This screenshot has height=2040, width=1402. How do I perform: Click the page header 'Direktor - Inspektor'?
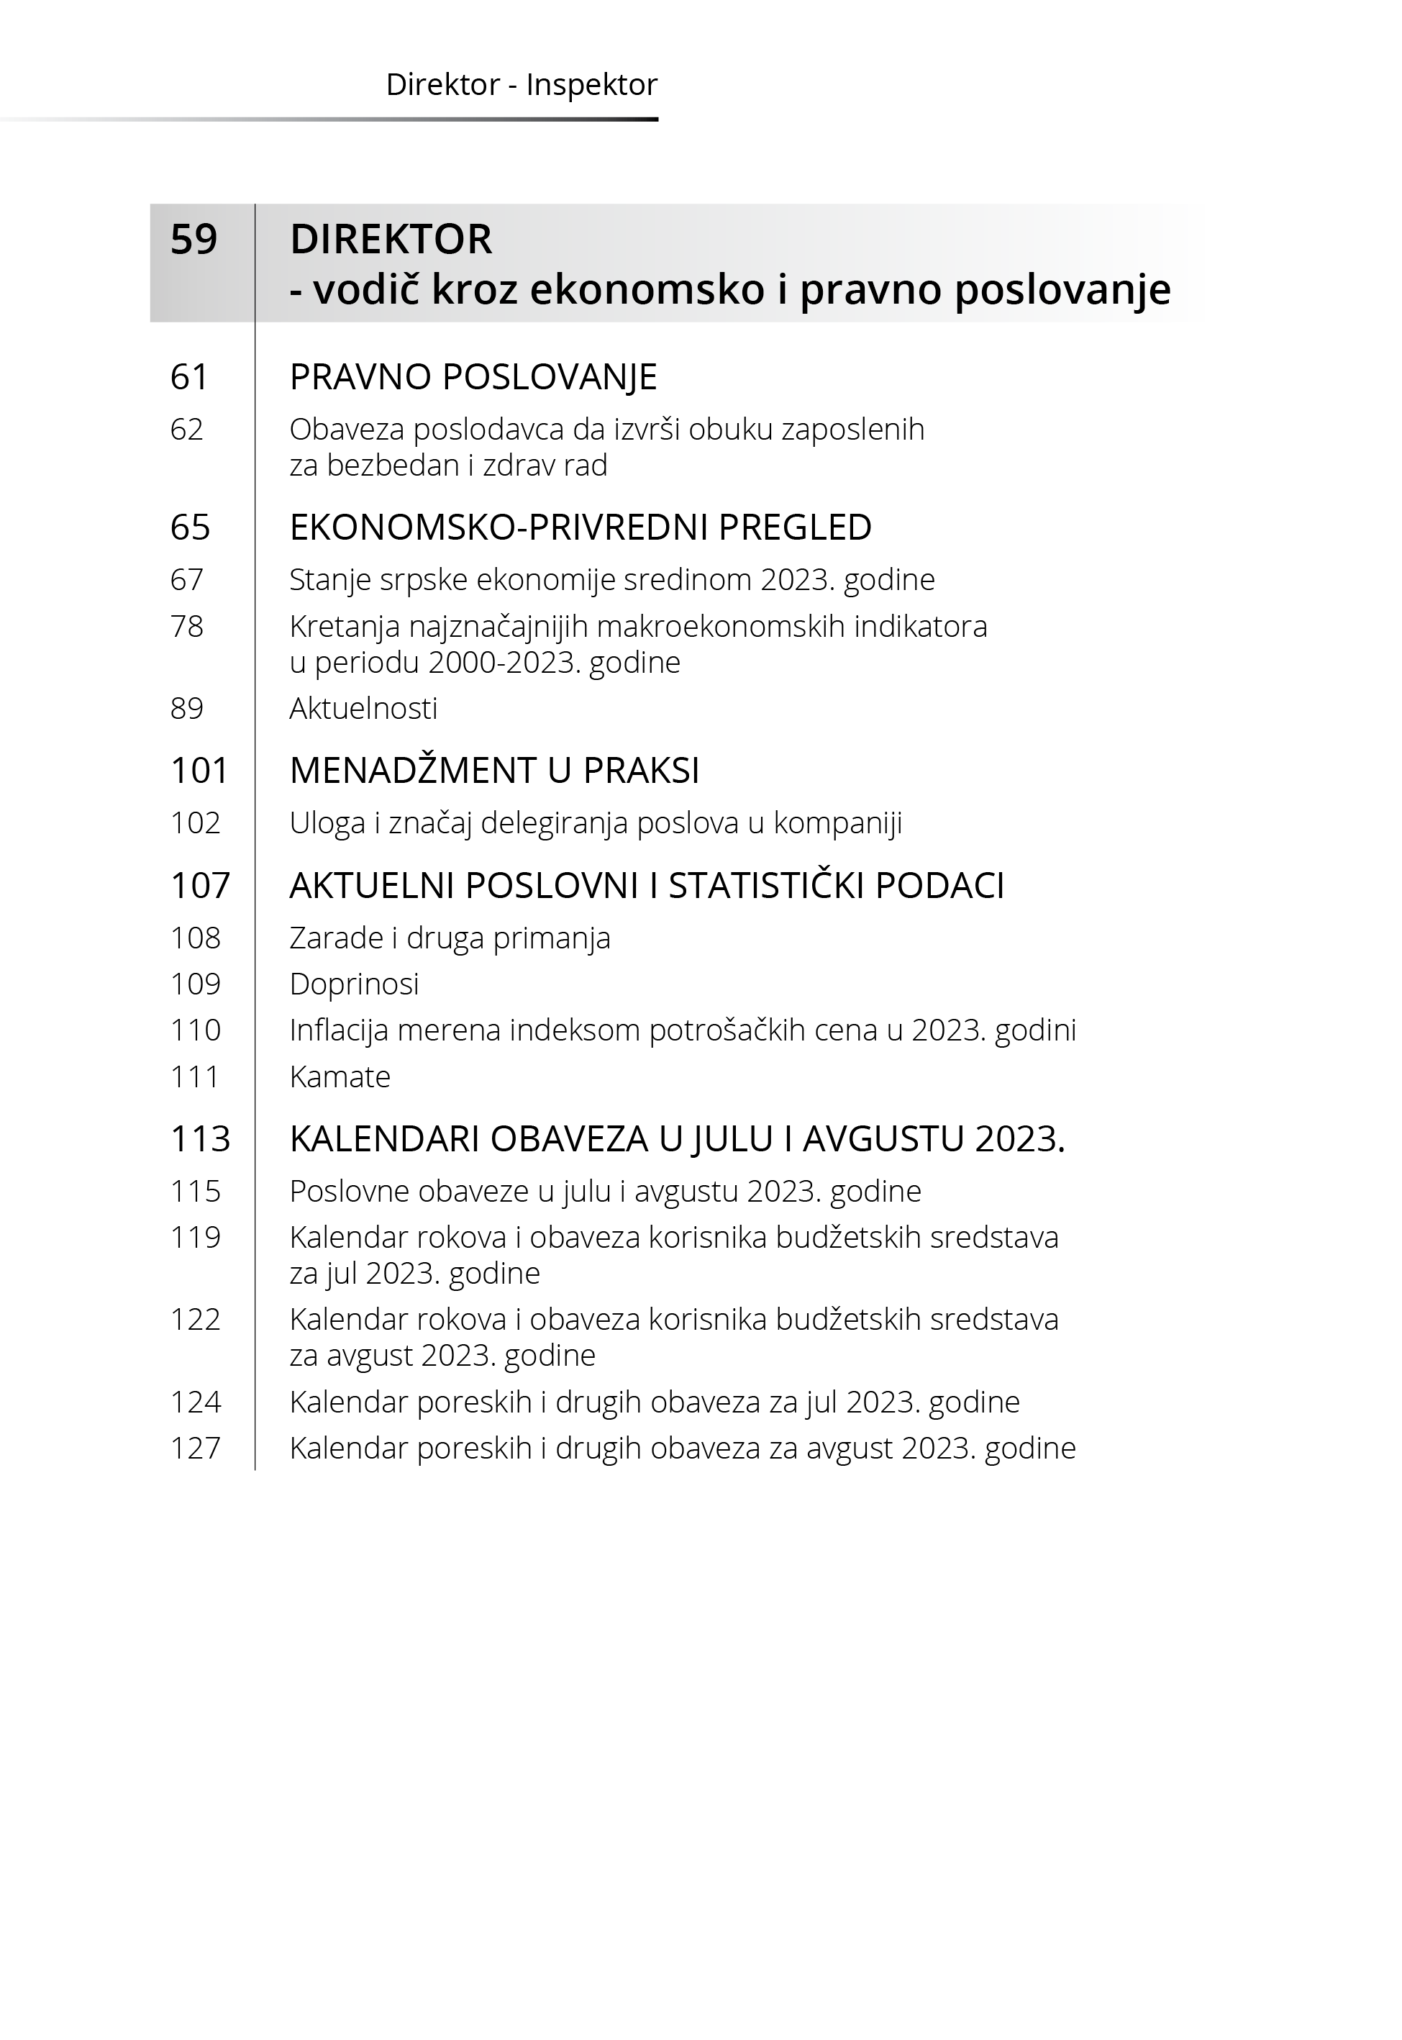(x=521, y=85)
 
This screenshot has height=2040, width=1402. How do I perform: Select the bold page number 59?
(x=194, y=239)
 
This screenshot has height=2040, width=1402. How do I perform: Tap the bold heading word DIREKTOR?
(x=391, y=239)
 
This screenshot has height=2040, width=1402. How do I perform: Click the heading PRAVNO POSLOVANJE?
(x=473, y=377)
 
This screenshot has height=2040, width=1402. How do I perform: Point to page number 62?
(x=186, y=430)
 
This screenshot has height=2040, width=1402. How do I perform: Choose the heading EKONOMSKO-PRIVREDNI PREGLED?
(x=580, y=527)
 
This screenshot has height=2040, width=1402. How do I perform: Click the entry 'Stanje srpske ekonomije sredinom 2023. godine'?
(x=611, y=580)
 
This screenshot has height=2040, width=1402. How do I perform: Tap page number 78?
(x=186, y=627)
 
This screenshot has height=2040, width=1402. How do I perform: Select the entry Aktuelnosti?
(x=363, y=708)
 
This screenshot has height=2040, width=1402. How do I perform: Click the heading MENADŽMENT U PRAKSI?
(x=493, y=771)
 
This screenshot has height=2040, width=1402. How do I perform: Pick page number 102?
(x=195, y=823)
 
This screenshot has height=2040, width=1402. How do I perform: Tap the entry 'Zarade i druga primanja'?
(x=449, y=938)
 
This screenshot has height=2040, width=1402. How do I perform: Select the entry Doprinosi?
(x=354, y=984)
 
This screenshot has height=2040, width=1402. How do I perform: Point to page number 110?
(x=195, y=1030)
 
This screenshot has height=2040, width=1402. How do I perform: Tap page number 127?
(x=195, y=1448)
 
